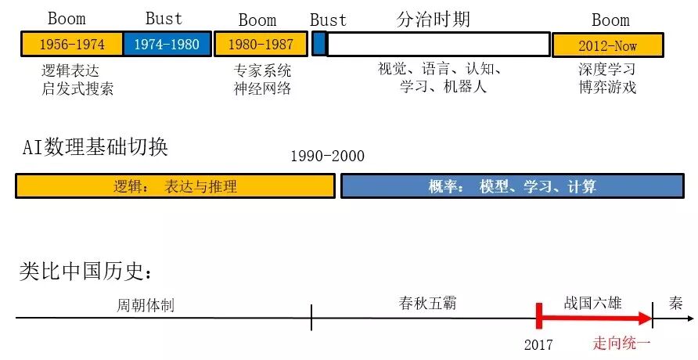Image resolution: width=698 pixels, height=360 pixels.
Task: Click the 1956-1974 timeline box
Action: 72,44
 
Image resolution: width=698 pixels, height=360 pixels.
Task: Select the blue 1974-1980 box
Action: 167,44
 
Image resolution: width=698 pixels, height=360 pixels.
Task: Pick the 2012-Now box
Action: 607,45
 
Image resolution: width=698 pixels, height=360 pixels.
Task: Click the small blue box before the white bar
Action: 318,45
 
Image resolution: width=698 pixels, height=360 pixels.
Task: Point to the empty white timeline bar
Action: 438,45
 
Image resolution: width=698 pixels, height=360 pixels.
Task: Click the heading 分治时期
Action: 434,19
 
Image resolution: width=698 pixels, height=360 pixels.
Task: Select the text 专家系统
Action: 262,70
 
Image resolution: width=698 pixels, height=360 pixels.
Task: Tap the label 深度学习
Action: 606,70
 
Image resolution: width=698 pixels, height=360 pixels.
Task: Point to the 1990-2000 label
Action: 327,156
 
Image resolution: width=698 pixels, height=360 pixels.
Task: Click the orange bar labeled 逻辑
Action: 175,186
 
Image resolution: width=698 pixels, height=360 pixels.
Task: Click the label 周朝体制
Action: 146,304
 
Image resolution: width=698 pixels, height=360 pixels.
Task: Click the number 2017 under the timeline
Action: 538,344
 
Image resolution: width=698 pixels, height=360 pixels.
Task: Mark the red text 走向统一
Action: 621,344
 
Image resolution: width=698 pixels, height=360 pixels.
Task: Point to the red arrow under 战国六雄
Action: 595,319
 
